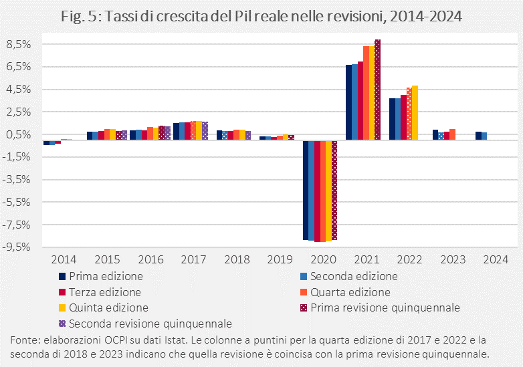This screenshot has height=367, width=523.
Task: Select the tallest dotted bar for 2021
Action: [x=377, y=90]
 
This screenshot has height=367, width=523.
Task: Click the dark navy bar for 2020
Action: [x=306, y=190]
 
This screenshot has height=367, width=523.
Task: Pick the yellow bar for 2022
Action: [x=415, y=113]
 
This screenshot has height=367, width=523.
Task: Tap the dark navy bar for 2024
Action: [x=478, y=136]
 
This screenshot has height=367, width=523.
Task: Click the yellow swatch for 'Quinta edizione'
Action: [x=62, y=308]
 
